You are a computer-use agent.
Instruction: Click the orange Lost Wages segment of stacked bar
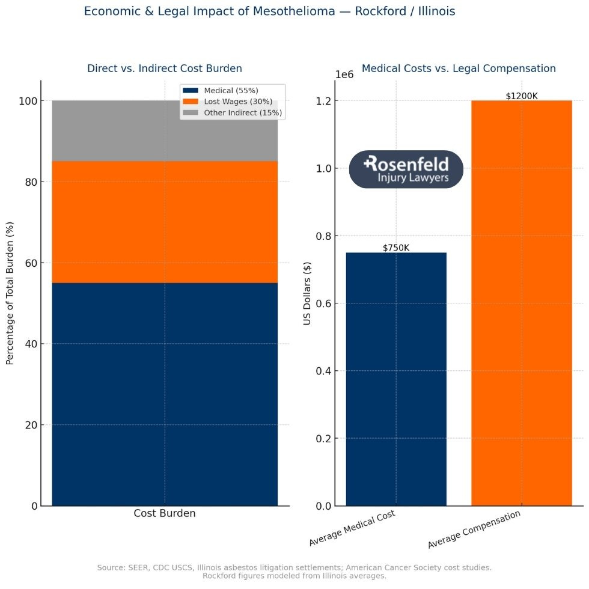(165, 222)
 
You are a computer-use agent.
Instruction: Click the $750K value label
(396, 248)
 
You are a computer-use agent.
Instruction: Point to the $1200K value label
(521, 96)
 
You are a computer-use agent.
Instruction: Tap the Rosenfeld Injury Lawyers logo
(406, 169)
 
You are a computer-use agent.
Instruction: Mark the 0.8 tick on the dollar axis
(323, 236)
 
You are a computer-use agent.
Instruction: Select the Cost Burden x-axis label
(164, 514)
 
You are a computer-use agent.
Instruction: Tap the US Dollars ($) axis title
(307, 292)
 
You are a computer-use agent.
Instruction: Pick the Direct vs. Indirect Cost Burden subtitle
(165, 69)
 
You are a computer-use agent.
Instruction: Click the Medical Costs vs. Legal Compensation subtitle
(459, 69)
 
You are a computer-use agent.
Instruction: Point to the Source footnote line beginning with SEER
(294, 567)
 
